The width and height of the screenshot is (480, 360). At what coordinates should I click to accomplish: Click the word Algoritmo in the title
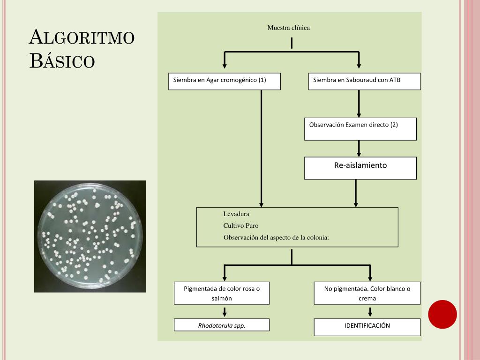[x=82, y=37]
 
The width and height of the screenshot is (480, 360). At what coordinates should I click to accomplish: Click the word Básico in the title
[x=62, y=61]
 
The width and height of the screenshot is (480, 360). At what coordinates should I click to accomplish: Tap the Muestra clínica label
[x=288, y=28]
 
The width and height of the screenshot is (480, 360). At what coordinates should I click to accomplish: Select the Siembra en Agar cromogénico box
[x=224, y=81]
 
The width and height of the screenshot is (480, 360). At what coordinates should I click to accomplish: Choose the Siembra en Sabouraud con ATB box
[x=364, y=81]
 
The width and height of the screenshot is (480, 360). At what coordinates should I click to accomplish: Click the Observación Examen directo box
[x=360, y=129]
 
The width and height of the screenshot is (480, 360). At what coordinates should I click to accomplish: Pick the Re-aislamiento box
[x=360, y=168]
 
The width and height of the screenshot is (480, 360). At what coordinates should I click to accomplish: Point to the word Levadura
[x=236, y=214]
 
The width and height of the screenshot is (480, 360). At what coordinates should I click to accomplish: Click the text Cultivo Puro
[x=240, y=225]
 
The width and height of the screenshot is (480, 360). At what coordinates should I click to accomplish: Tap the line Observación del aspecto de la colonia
[x=276, y=237]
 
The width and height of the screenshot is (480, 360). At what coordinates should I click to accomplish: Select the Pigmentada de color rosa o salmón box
[x=222, y=293]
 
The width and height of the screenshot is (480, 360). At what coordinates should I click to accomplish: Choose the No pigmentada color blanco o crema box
[x=367, y=293]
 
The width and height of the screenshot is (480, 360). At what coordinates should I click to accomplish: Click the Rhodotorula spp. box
[x=222, y=325]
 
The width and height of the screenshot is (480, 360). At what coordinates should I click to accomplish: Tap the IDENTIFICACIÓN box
[x=367, y=326]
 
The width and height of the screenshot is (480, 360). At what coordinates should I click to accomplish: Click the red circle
[x=442, y=314]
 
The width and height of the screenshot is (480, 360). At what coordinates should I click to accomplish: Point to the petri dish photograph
[x=90, y=236]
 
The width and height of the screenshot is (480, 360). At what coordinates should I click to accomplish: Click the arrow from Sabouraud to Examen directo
[x=359, y=104]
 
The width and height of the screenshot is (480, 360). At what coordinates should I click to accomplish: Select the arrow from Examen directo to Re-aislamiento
[x=359, y=148]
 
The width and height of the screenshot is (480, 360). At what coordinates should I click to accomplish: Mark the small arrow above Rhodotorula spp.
[x=225, y=312]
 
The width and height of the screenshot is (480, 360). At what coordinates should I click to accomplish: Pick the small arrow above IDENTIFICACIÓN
[x=370, y=312]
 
